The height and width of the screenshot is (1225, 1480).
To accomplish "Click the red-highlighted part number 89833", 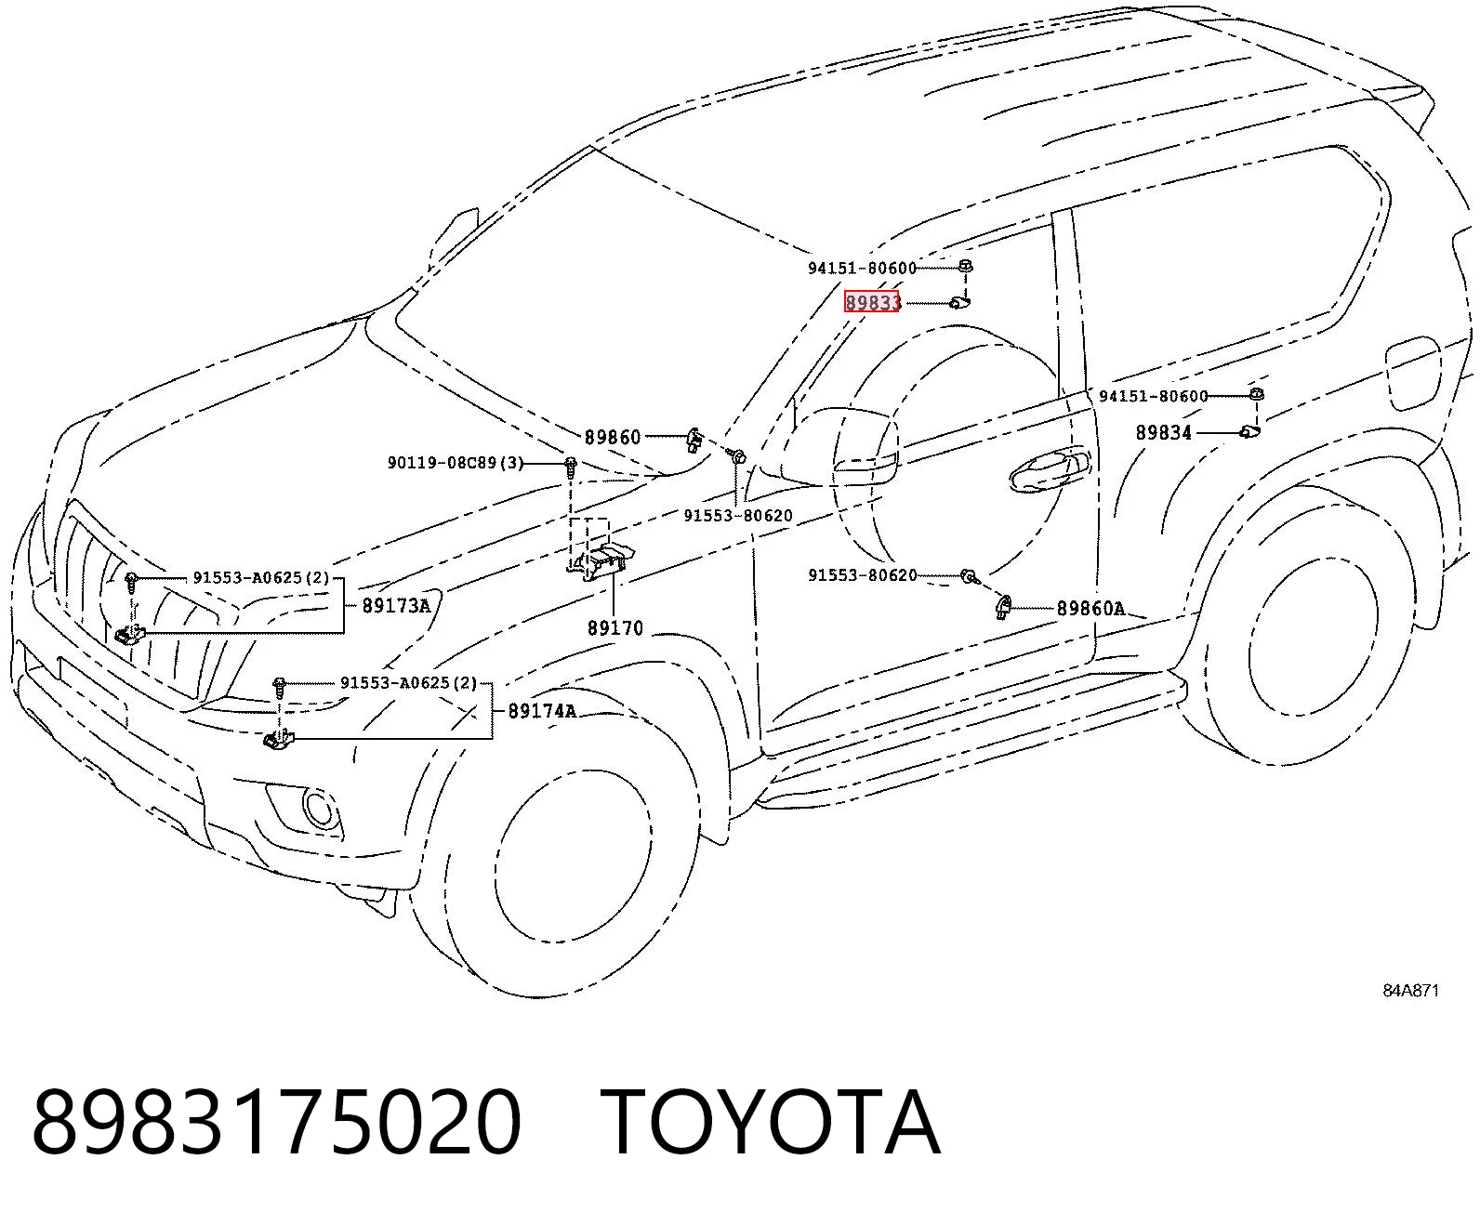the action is pyautogui.click(x=872, y=302).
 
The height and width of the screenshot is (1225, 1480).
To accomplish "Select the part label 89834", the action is pyautogui.click(x=1164, y=432).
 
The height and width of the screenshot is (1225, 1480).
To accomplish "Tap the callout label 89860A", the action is pyautogui.click(x=1090, y=608).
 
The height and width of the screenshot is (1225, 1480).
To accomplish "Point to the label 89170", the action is pyautogui.click(x=615, y=628).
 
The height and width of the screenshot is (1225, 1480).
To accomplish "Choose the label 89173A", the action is pyautogui.click(x=396, y=605).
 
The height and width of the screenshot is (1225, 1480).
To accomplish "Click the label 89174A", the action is pyautogui.click(x=542, y=710).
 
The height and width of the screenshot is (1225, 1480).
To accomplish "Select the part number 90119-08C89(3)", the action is pyautogui.click(x=455, y=463).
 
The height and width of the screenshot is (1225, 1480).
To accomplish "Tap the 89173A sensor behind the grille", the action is pyautogui.click(x=130, y=635).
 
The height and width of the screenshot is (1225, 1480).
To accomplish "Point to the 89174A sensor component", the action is pyautogui.click(x=278, y=741).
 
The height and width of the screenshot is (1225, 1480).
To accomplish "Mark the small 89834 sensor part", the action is pyautogui.click(x=1249, y=431).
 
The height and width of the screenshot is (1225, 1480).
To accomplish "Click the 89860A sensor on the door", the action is pyautogui.click(x=1003, y=608).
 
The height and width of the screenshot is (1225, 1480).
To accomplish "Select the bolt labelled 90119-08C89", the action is pyautogui.click(x=570, y=466).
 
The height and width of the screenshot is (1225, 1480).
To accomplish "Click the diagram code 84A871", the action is pyautogui.click(x=1410, y=991).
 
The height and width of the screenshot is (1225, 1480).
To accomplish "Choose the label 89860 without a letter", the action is pyautogui.click(x=613, y=438).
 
